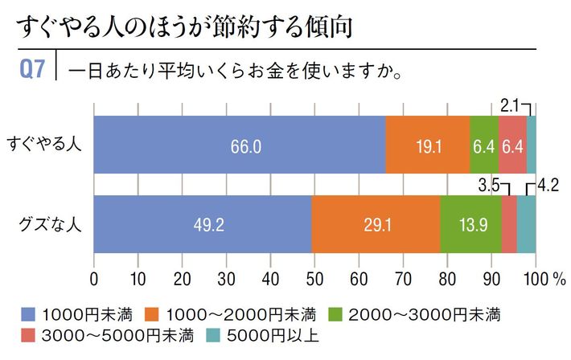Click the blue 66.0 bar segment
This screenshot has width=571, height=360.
240,145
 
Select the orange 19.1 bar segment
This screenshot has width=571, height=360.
428,145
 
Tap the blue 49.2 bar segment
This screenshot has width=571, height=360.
203,224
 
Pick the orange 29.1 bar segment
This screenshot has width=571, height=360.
376,224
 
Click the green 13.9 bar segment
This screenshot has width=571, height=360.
470,224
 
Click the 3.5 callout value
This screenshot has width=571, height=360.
488,184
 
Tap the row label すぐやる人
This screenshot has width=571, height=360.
46,145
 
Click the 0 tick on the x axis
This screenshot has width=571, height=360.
95,280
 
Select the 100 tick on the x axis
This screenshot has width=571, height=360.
533,280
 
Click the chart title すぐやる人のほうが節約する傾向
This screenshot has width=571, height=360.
185,28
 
